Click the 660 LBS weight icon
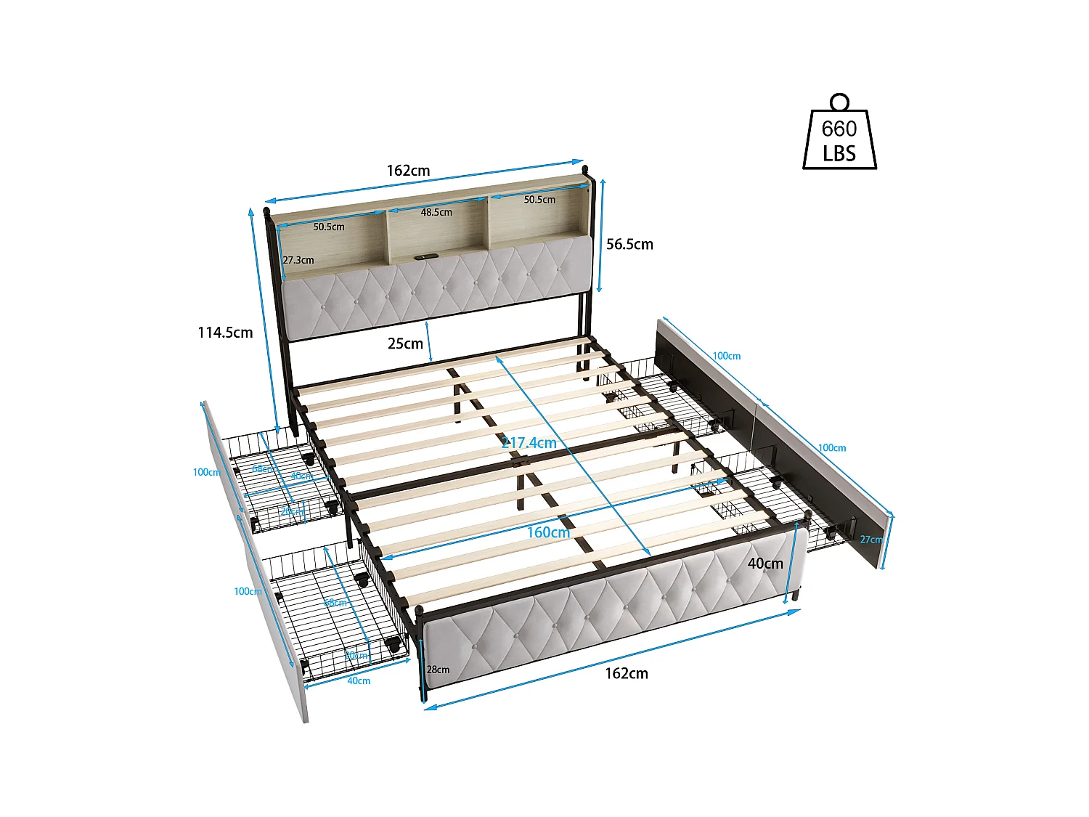point(839,134)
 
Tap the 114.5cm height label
point(225,333)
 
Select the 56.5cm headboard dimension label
point(629,245)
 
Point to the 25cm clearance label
point(405,344)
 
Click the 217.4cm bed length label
point(529,442)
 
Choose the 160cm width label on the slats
point(548,532)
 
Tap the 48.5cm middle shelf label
point(436,213)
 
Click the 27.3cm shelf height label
point(298,260)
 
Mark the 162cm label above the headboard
point(408,171)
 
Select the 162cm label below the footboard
point(627,673)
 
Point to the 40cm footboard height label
point(765,564)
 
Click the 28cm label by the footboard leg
point(438,670)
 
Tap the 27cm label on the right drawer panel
point(870,540)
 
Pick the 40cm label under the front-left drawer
point(359,680)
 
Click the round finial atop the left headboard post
point(266,211)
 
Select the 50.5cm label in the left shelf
point(329,227)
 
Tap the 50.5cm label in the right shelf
point(539,200)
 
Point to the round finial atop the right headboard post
point(585,171)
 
